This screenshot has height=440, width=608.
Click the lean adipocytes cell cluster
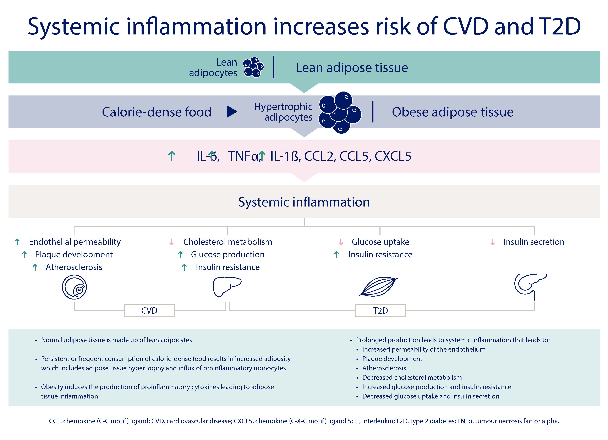(253, 67)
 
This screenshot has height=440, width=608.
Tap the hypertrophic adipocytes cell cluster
(340, 113)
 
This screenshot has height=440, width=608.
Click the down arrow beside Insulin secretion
(492, 242)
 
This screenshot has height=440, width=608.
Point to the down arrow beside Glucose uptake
(341, 242)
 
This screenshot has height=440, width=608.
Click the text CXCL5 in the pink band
(393, 156)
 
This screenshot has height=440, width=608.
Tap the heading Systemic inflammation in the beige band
(304, 202)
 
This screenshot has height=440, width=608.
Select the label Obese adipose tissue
(453, 112)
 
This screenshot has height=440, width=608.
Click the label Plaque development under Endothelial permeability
(74, 254)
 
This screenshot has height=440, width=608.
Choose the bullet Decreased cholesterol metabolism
(412, 378)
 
